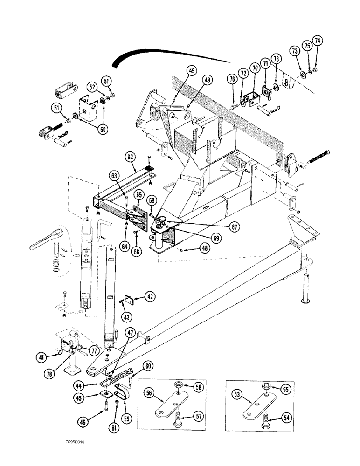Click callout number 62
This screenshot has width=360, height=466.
pos(130,157)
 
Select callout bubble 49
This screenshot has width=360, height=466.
pos(192,71)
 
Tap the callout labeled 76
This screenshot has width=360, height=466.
pos(231,79)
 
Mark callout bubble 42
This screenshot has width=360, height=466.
pos(149,296)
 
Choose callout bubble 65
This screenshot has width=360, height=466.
pos(138,194)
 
